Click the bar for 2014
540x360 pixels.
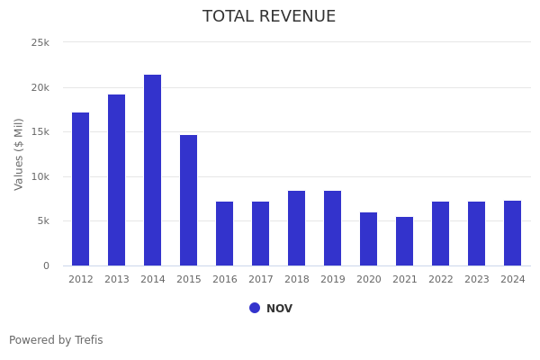153,170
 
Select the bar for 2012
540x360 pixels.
81,189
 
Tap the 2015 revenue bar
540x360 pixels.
189,200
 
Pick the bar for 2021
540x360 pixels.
405,241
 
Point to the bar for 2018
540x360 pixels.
297,228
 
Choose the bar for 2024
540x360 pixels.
513,233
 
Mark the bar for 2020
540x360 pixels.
369,238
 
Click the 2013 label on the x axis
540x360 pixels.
117,280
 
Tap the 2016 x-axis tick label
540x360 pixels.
225,280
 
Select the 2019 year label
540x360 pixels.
333,280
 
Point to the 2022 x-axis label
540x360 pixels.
441,280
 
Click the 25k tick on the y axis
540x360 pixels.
40,42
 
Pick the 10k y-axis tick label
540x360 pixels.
40,176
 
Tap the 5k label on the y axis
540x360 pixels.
43,221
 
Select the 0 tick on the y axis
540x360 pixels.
46,265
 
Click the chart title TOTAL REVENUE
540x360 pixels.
269,16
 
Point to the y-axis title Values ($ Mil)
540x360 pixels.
19,154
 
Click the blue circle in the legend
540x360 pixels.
255,308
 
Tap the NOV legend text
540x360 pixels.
279,309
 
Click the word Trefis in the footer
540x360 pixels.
88,340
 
